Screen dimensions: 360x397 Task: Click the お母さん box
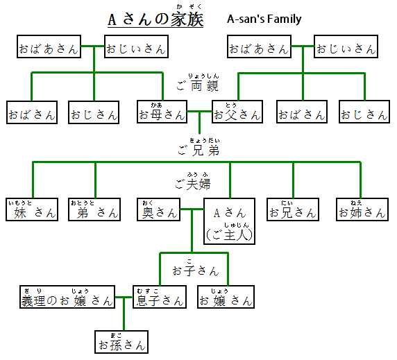click(x=162, y=114)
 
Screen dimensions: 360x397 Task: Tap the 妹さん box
click(x=31, y=212)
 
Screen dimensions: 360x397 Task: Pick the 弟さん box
click(x=94, y=212)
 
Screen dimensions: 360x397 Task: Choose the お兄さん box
click(x=292, y=212)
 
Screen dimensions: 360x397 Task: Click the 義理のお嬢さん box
click(x=67, y=300)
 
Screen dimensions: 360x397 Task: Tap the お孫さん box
click(x=122, y=343)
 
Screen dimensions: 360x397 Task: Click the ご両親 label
click(x=198, y=87)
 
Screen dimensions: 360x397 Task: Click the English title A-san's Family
click(x=264, y=19)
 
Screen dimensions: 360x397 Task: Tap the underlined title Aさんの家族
click(x=155, y=19)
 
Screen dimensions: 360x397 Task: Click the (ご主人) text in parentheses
click(x=230, y=235)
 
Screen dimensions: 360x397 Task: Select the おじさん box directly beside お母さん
click(x=94, y=114)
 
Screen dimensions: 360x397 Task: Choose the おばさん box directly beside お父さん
click(x=301, y=114)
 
